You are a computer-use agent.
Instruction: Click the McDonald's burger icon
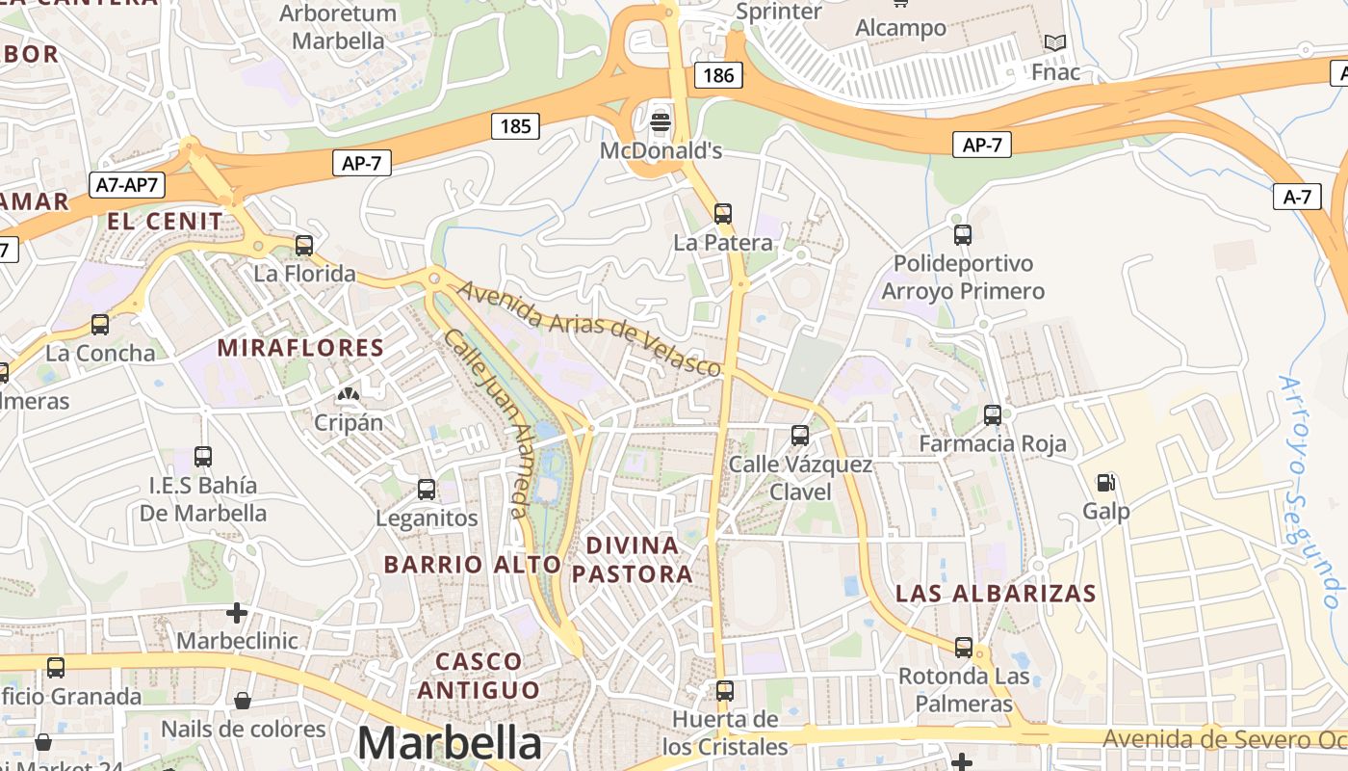[x=661, y=122]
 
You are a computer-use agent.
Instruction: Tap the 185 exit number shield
[x=515, y=126]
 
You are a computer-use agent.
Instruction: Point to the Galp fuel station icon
[x=1106, y=482]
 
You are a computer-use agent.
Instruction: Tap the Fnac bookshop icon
[x=1055, y=43]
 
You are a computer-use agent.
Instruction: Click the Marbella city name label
[x=450, y=743]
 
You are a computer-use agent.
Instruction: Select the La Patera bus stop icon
[x=723, y=214]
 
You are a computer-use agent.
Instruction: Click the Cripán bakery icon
[x=348, y=394]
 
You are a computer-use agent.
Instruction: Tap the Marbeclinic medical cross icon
[x=237, y=612]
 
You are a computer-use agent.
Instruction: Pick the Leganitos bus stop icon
[x=427, y=490]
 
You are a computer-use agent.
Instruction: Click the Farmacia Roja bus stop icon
[x=993, y=415]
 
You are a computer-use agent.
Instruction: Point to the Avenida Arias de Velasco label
[x=589, y=328]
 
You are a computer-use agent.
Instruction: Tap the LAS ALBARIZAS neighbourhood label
[x=996, y=594]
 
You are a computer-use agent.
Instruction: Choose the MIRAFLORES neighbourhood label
[x=300, y=348]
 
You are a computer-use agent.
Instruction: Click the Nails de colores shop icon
[x=243, y=701]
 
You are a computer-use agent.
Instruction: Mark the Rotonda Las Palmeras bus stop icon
[x=964, y=648]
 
